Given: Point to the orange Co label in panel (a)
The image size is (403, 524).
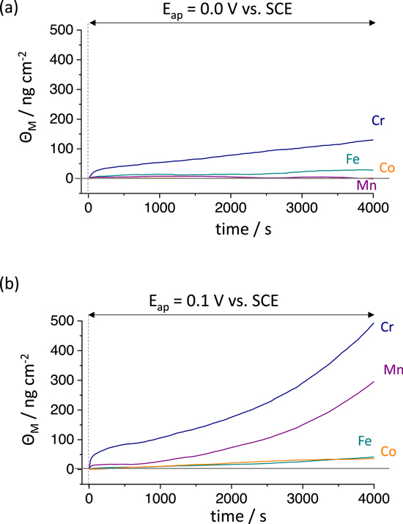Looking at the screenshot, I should (387, 169).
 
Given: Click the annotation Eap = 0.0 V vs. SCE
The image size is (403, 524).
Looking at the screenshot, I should (231, 10).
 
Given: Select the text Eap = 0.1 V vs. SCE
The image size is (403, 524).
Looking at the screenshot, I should (231, 300).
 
